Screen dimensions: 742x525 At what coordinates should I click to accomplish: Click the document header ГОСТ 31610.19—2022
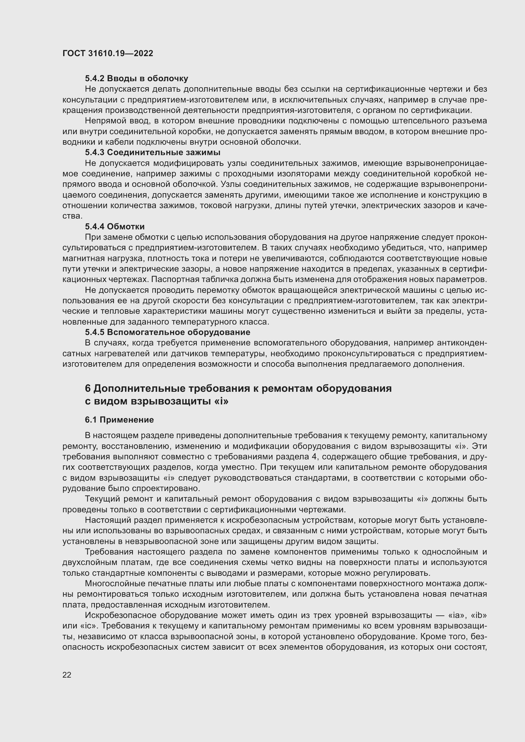(108, 53)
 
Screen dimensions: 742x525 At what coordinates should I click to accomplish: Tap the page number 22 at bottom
(67, 675)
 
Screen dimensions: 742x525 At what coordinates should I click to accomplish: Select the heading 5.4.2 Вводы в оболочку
(136, 79)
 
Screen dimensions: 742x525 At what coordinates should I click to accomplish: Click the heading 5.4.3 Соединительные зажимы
(153, 152)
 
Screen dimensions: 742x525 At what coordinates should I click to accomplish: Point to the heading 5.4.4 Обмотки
(115, 226)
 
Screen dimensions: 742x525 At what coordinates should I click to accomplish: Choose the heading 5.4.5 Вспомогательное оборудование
(168, 332)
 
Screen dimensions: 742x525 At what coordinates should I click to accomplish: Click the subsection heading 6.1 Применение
(119, 420)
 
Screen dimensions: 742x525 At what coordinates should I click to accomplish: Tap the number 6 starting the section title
(88, 388)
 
